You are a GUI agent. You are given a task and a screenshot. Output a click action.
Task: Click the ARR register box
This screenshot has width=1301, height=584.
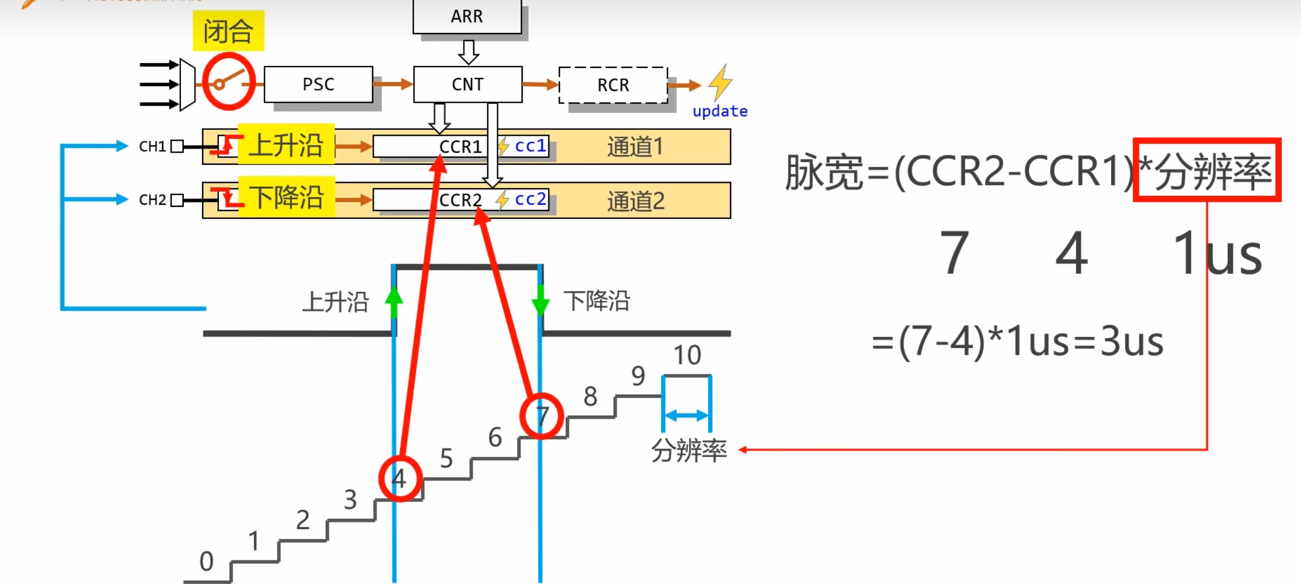tap(467, 16)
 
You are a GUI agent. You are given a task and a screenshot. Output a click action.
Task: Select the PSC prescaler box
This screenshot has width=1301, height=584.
tap(318, 84)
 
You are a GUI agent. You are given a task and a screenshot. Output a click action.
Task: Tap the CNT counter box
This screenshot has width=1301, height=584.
tap(467, 84)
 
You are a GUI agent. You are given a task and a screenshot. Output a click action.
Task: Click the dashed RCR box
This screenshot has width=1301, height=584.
tap(613, 85)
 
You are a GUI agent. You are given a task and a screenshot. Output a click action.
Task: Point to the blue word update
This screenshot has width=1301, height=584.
tap(720, 112)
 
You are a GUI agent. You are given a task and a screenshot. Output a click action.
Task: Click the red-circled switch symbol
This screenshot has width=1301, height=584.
tap(229, 82)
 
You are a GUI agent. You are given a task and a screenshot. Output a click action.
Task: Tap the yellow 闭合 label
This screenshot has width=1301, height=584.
tap(228, 31)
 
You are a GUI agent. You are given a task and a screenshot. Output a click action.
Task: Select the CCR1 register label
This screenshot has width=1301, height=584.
tap(460, 147)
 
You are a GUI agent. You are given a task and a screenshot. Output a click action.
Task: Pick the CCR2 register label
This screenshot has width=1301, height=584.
tap(460, 200)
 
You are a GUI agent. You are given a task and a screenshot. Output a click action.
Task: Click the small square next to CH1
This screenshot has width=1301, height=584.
tap(177, 146)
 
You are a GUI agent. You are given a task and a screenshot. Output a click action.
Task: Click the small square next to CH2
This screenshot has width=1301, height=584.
tap(177, 200)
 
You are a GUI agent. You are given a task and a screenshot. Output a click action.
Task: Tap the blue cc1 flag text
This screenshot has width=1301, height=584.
tap(530, 146)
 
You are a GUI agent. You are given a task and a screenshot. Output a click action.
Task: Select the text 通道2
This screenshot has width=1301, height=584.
tap(636, 201)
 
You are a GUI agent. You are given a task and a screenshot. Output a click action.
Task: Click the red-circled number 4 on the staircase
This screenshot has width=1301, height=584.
tap(400, 479)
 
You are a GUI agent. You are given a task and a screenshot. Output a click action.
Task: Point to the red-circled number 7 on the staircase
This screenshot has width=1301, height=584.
tap(542, 416)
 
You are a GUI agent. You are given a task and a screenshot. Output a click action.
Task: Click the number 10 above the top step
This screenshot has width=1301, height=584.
tap(687, 355)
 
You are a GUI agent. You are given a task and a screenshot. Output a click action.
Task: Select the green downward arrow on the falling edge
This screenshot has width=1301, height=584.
tap(541, 301)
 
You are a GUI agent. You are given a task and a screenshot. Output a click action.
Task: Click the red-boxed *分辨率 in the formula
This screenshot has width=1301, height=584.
tap(1207, 170)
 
